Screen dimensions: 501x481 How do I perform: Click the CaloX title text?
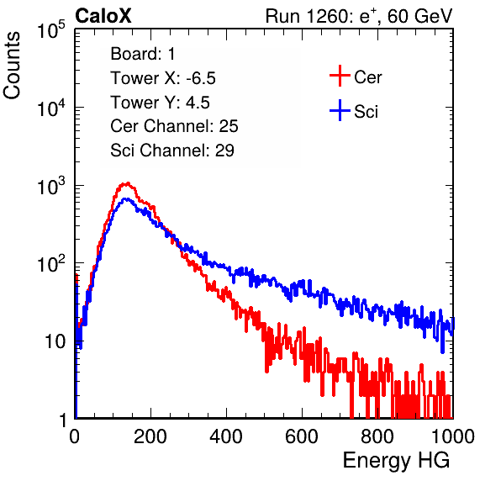tap(103, 16)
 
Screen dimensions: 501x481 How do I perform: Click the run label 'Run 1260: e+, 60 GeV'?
tap(359, 16)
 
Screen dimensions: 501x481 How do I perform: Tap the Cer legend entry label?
tap(367, 77)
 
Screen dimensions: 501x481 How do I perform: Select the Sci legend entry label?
tap(366, 112)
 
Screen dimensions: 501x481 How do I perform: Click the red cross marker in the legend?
tap(340, 76)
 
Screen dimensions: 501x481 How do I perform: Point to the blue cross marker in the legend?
tap(340, 110)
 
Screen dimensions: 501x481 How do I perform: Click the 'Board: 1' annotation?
tap(143, 54)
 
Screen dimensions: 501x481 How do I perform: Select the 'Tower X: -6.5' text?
tap(163, 78)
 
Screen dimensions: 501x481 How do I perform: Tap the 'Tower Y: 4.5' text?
tap(160, 103)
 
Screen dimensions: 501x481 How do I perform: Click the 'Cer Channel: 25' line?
tap(174, 126)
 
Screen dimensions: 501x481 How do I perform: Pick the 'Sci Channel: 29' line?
tap(172, 151)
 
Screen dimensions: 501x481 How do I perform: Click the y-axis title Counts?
tap(12, 66)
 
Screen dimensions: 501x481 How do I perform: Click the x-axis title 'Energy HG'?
tap(396, 461)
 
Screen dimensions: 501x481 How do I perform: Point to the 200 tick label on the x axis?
tap(150, 436)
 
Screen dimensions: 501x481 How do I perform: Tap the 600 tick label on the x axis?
tap(302, 436)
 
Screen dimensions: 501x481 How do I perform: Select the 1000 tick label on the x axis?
tap(453, 436)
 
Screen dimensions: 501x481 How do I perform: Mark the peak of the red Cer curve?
tap(128, 183)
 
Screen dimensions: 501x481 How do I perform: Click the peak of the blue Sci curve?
tap(127, 198)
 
